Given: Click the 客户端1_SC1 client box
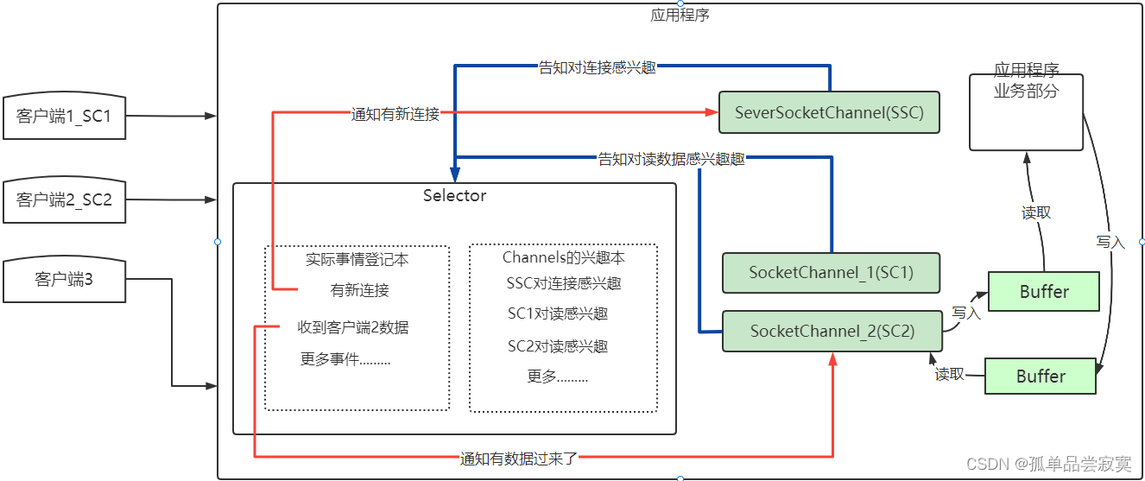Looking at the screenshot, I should tap(64, 115).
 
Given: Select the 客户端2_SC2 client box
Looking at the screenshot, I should tap(64, 199).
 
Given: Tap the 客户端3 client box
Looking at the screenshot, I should tap(64, 279).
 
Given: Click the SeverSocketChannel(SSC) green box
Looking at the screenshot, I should tap(828, 112).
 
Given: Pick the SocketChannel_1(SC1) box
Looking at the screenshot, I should tap(830, 272).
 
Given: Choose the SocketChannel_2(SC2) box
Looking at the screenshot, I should tap(832, 331).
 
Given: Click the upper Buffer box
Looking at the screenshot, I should tap(1043, 292).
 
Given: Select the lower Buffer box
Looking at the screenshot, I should tap(1040, 377).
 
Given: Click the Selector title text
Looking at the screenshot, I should tap(454, 195).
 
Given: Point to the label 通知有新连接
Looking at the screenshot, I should tap(395, 113).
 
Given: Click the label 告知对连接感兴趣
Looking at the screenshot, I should tap(597, 66).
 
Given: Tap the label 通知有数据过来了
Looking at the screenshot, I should tap(518, 459).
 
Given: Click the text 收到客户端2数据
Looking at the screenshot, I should tap(353, 327).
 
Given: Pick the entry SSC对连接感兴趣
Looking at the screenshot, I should tap(564, 283).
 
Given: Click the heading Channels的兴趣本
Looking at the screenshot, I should tap(563, 257).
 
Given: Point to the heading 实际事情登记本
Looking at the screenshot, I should tap(357, 258).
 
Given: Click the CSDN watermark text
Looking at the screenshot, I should tap(1048, 464).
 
